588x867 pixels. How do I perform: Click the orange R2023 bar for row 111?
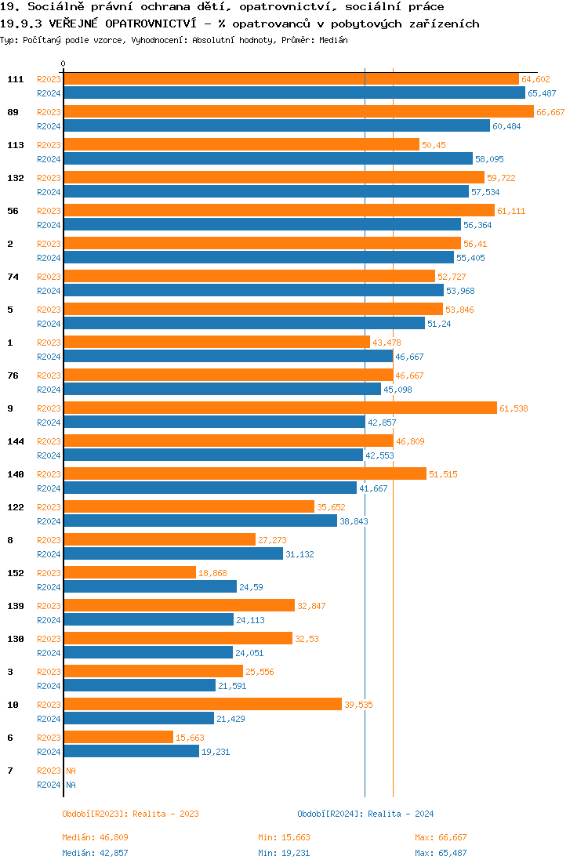click(x=291, y=79)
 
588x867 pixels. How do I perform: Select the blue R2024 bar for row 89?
click(x=277, y=125)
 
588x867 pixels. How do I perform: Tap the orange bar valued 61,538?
click(x=280, y=408)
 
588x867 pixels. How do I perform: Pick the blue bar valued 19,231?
click(x=131, y=751)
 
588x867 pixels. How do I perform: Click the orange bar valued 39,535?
click(x=202, y=705)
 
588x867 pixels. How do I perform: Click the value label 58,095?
click(x=490, y=159)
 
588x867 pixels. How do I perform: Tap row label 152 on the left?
click(x=15, y=573)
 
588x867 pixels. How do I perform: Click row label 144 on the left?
click(x=15, y=441)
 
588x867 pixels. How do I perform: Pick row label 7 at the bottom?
click(x=10, y=771)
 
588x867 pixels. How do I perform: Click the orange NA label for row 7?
click(x=71, y=771)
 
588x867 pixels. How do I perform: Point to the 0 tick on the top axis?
click(x=64, y=63)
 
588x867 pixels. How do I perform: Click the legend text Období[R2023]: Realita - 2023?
click(x=130, y=814)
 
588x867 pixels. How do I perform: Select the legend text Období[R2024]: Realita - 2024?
click(x=365, y=814)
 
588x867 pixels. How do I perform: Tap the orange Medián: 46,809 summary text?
click(x=95, y=837)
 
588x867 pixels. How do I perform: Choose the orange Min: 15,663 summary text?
click(x=284, y=837)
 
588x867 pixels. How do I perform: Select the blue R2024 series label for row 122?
click(x=49, y=521)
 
